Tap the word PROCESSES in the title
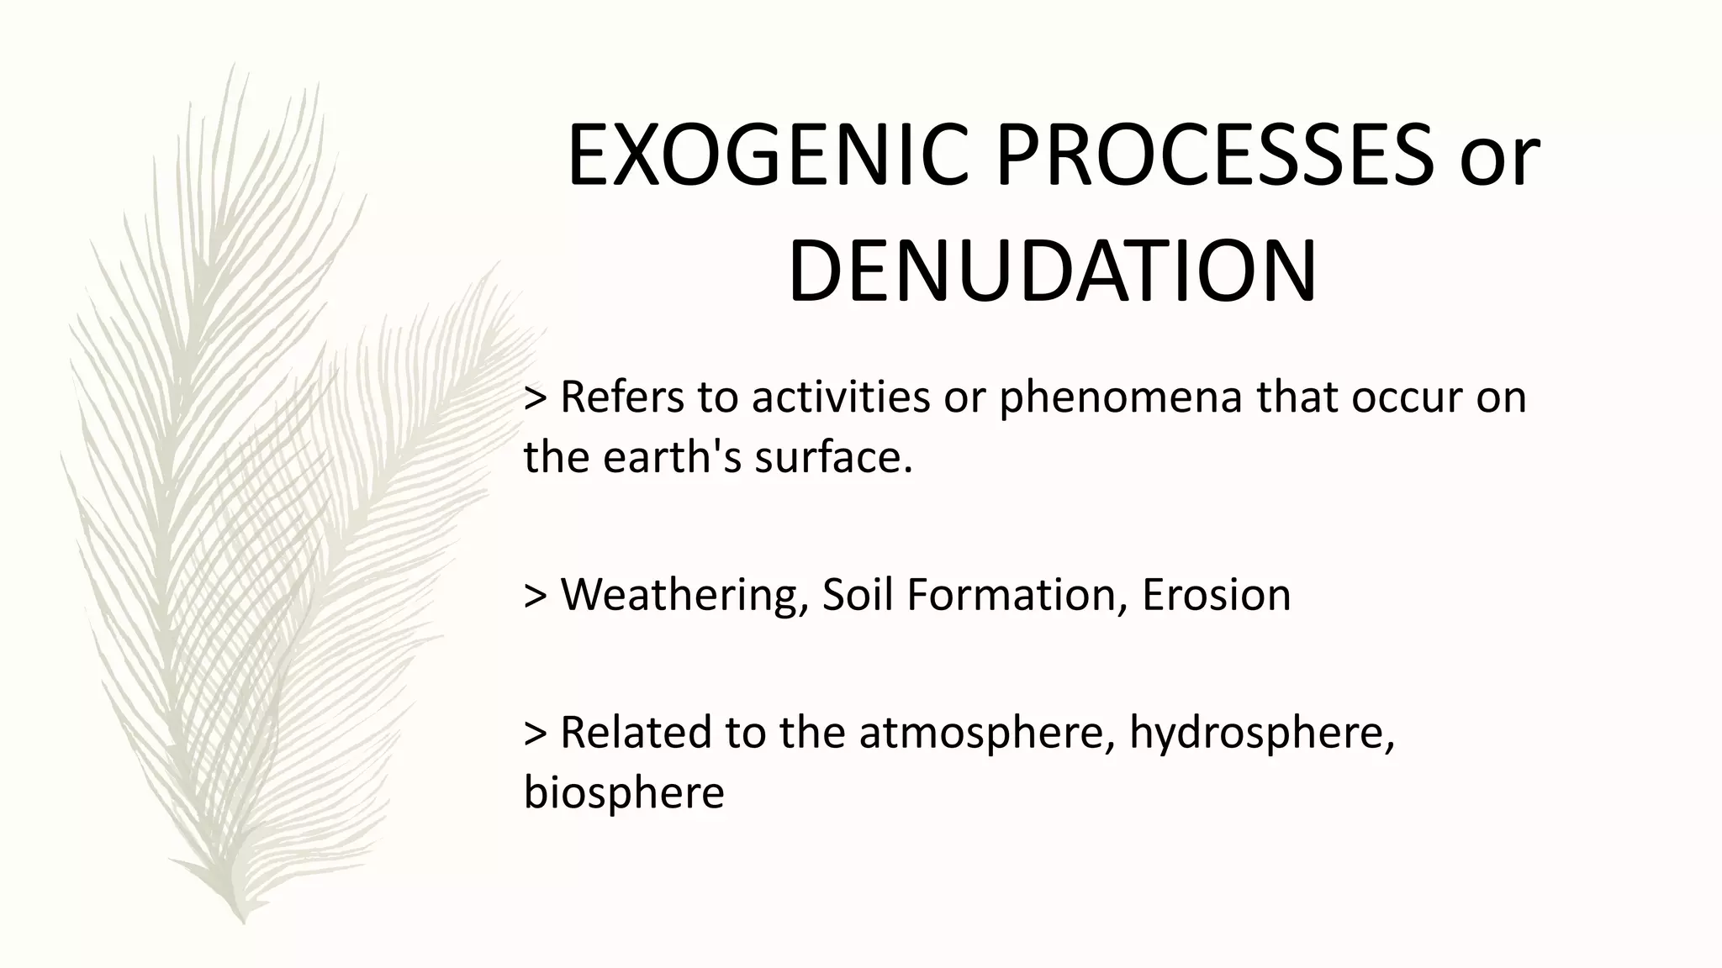click(x=1215, y=157)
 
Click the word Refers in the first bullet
click(x=622, y=397)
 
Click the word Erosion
click(x=1216, y=595)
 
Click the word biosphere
click(x=623, y=792)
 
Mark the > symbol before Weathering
click(x=536, y=595)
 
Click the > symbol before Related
click(x=536, y=732)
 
